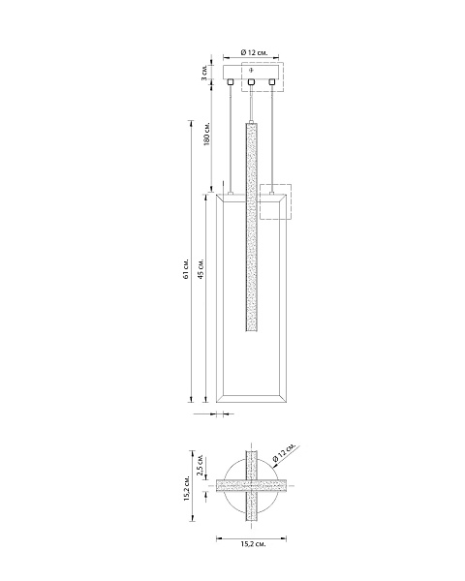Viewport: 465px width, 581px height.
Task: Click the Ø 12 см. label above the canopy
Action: click(254, 52)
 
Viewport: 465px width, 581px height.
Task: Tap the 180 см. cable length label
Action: click(207, 134)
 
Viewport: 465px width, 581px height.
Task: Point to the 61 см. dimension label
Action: click(186, 269)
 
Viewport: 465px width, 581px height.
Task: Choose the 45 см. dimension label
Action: click(201, 269)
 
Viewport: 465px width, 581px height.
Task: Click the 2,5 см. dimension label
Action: click(200, 465)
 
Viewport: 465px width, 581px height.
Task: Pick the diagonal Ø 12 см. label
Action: click(285, 452)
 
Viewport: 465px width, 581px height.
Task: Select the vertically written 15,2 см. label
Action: click(186, 488)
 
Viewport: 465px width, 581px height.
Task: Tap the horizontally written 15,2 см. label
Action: click(253, 544)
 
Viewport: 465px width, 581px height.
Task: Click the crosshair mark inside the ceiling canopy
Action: click(252, 70)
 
